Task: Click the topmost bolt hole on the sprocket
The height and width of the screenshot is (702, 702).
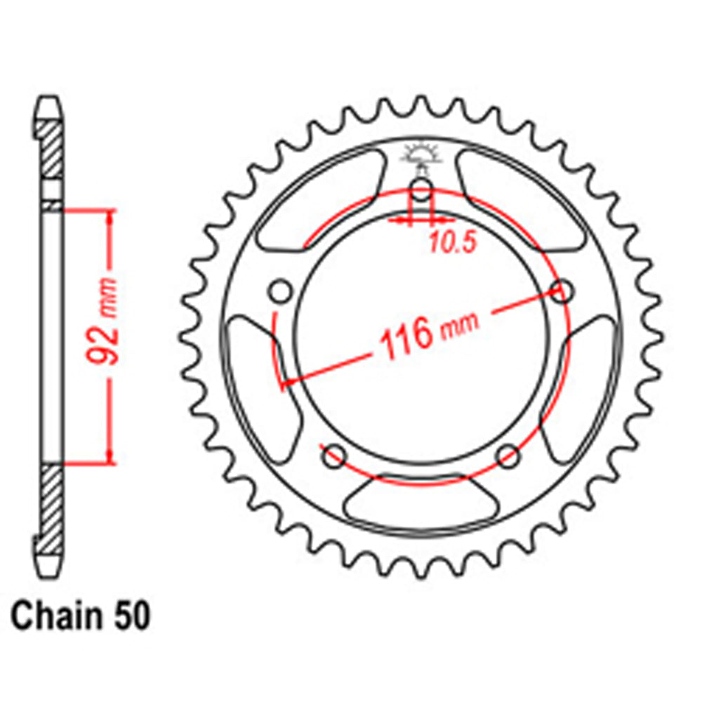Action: point(420,189)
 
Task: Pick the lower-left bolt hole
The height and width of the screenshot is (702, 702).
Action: point(332,455)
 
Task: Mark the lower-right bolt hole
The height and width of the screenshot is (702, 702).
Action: point(508,456)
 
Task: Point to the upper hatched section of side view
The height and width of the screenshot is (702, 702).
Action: point(51,150)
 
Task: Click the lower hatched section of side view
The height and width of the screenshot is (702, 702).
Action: point(51,501)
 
